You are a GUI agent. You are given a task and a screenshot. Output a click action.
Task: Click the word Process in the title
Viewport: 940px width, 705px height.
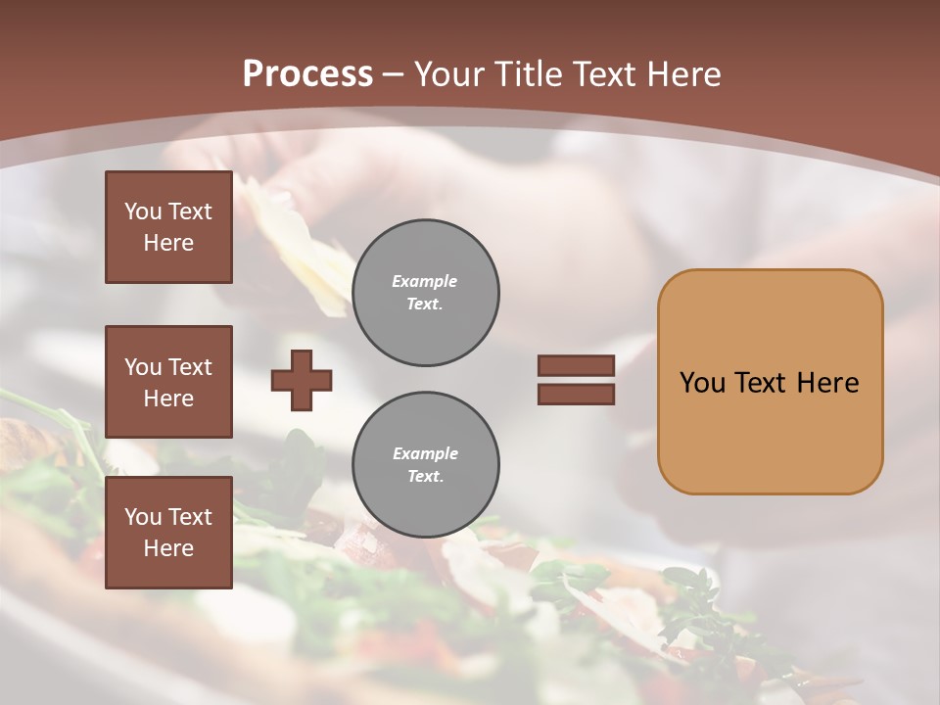pyautogui.click(x=307, y=74)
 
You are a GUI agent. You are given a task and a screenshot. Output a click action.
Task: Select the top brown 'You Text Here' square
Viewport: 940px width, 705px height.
pyautogui.click(x=168, y=227)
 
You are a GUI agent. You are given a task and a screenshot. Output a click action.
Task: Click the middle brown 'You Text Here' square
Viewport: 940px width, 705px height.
pyautogui.click(x=168, y=382)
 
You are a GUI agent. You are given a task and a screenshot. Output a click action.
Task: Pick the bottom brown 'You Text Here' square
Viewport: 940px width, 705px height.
pyautogui.click(x=168, y=533)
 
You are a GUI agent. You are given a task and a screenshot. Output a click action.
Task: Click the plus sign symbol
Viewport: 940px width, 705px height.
pyautogui.click(x=302, y=380)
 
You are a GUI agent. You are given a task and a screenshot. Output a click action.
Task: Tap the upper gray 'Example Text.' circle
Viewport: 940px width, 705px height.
pyautogui.click(x=425, y=293)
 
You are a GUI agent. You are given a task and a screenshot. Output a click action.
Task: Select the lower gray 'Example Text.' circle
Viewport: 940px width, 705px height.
pyautogui.click(x=425, y=465)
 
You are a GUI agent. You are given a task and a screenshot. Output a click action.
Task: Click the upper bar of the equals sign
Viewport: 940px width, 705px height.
pyautogui.click(x=576, y=365)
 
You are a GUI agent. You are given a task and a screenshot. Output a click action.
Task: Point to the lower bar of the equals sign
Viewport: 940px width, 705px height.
pyautogui.click(x=576, y=394)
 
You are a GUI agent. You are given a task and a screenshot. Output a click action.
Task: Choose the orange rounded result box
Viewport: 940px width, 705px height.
pyautogui.click(x=770, y=382)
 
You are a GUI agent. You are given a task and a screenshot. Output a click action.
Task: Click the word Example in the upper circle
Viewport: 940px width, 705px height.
pyautogui.click(x=425, y=281)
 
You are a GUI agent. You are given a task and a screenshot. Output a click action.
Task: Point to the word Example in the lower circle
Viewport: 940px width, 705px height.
pyautogui.click(x=425, y=453)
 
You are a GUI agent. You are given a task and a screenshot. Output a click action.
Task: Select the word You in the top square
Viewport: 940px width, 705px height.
pyautogui.click(x=142, y=211)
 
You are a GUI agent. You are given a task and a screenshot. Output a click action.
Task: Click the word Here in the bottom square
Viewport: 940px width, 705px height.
pyautogui.click(x=168, y=548)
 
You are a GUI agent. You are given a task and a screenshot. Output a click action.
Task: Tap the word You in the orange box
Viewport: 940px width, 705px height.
pyautogui.click(x=702, y=383)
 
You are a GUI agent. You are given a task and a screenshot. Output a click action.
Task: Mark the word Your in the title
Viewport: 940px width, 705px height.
pyautogui.click(x=449, y=74)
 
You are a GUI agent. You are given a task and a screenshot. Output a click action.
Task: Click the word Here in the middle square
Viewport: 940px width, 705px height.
pyautogui.click(x=168, y=399)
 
